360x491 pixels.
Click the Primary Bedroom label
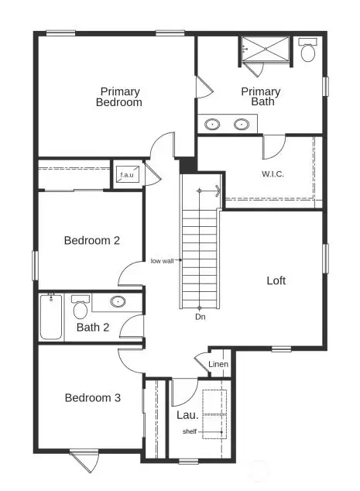tap(120, 97)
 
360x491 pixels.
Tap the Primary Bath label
tap(260, 97)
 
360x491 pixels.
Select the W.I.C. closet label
tap(273, 173)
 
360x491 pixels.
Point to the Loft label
tap(276, 280)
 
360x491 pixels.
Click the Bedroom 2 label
tap(91, 240)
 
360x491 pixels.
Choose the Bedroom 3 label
tap(92, 398)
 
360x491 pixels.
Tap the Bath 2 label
tap(92, 328)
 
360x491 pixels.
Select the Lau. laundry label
tap(183, 414)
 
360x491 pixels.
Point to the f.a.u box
tap(126, 175)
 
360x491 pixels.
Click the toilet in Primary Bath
tap(308, 50)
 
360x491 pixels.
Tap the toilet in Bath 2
tap(80, 308)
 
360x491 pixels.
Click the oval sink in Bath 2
tap(118, 302)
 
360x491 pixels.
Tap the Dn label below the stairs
tap(200, 317)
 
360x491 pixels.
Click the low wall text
tap(163, 261)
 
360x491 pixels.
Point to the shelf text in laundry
tap(190, 431)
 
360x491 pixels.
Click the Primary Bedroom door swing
tap(163, 145)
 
